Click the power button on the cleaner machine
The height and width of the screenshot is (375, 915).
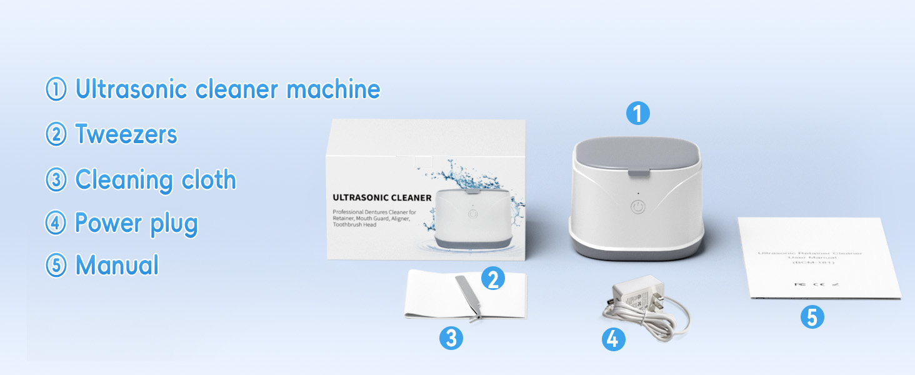(x=637, y=207)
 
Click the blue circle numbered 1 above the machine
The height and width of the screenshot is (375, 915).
(x=637, y=114)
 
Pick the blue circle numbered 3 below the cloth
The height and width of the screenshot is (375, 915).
(x=451, y=338)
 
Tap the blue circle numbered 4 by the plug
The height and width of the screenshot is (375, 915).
(x=613, y=339)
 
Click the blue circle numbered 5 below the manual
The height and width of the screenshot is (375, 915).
(x=812, y=317)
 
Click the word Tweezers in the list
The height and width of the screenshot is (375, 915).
(x=126, y=134)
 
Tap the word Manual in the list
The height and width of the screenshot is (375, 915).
(x=117, y=265)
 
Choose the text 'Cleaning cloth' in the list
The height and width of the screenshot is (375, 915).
(x=156, y=180)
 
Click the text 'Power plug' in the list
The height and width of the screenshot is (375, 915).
(x=136, y=222)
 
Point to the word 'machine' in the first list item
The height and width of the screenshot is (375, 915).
(x=333, y=89)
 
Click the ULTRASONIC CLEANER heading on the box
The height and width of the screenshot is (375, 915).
(x=381, y=197)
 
